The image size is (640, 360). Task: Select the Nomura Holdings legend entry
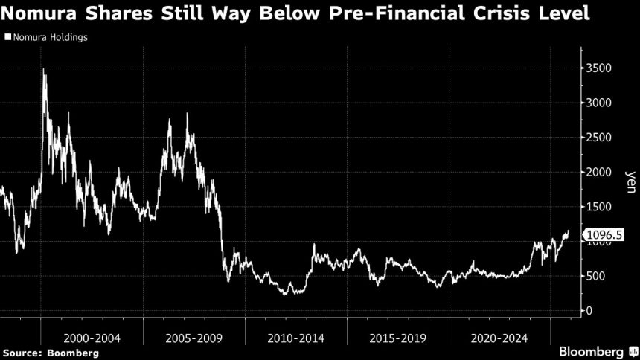coord(46,36)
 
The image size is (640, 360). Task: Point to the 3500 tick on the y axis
coord(599,68)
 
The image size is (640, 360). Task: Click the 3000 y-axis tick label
coord(599,103)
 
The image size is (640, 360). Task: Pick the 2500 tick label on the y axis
coord(599,138)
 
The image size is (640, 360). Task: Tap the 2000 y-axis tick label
coord(599,173)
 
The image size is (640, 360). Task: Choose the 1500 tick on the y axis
coord(599,207)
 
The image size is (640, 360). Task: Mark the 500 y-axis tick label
coord(596,276)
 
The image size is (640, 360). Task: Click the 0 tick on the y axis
coord(589,311)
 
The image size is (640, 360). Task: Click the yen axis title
coord(630,179)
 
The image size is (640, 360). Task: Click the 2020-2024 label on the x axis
coord(499,337)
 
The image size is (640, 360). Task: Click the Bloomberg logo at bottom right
coord(591,350)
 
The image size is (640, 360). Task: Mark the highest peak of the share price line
coord(44,69)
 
